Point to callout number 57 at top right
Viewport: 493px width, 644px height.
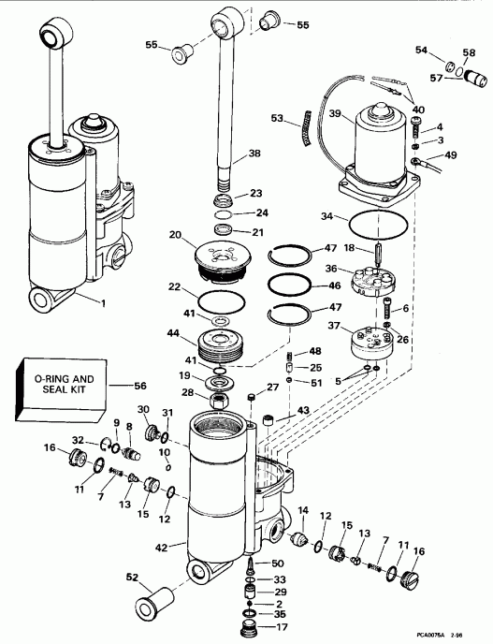(x=435, y=80)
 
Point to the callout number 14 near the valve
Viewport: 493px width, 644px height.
(x=302, y=510)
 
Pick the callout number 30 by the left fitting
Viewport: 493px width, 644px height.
(x=144, y=409)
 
